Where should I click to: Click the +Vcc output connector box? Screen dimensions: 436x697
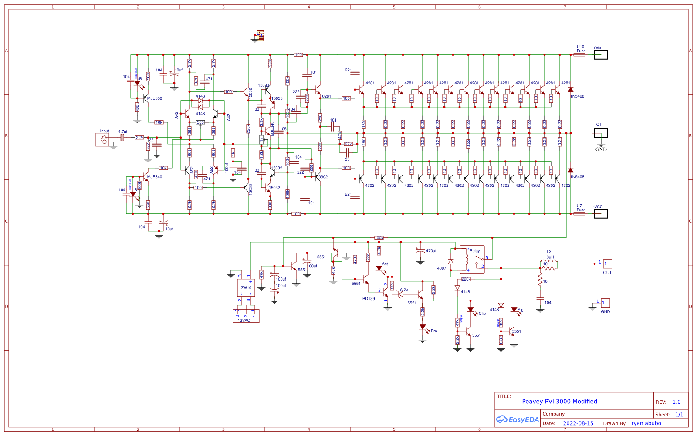coord(601,55)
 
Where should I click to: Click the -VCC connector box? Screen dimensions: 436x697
coord(601,214)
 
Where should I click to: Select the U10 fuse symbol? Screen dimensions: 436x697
coord(579,55)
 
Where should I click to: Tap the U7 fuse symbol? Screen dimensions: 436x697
coord(579,214)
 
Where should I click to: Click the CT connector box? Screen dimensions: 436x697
coord(601,133)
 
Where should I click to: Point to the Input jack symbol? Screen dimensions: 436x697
coord(103,140)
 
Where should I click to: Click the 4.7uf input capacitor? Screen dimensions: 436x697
coord(122,138)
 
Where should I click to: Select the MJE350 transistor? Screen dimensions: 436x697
coord(145,98)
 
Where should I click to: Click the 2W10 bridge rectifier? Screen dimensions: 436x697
coord(246,287)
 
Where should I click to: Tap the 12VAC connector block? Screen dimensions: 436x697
coord(246,316)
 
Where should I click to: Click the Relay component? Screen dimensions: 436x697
coord(472,260)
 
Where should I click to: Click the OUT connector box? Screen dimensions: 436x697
coord(607,264)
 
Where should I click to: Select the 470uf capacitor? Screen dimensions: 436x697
coord(420,251)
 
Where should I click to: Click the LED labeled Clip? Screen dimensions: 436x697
coord(470,310)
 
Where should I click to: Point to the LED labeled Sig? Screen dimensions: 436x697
coord(514,310)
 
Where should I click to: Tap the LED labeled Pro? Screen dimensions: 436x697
coord(423,328)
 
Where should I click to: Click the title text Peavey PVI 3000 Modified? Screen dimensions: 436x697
coord(559,402)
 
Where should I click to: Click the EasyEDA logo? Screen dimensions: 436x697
coord(518,419)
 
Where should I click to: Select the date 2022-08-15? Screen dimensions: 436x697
coord(578,423)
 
